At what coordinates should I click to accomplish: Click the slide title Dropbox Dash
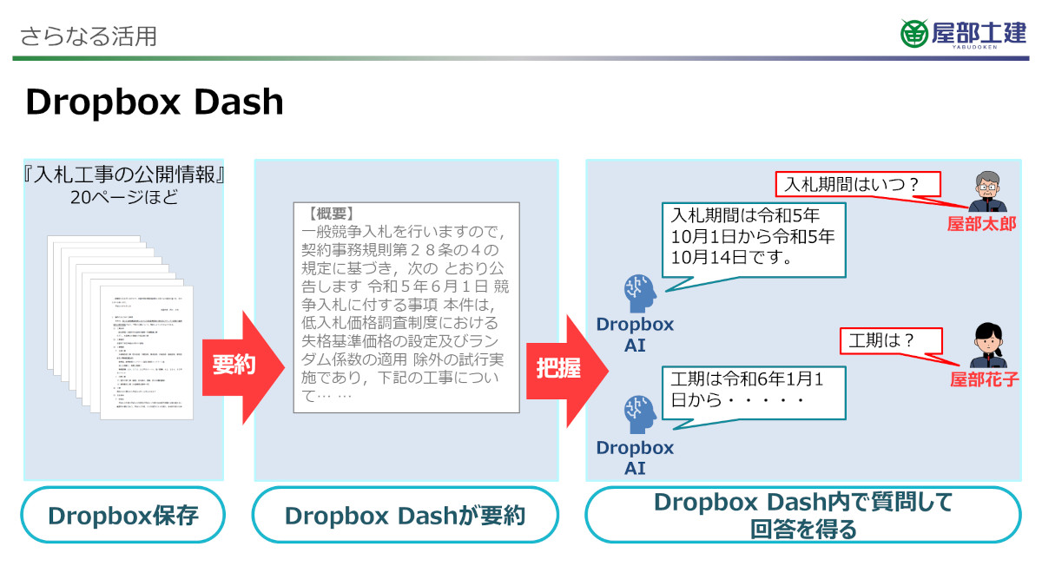[155, 102]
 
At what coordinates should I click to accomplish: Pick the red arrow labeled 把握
[563, 368]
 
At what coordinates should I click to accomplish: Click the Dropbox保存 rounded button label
[123, 516]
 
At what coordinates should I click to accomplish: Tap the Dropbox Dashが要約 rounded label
[405, 516]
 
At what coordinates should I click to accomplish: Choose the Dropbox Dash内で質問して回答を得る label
[803, 515]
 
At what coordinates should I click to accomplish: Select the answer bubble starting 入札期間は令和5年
[753, 235]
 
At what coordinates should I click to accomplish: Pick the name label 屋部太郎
[981, 223]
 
